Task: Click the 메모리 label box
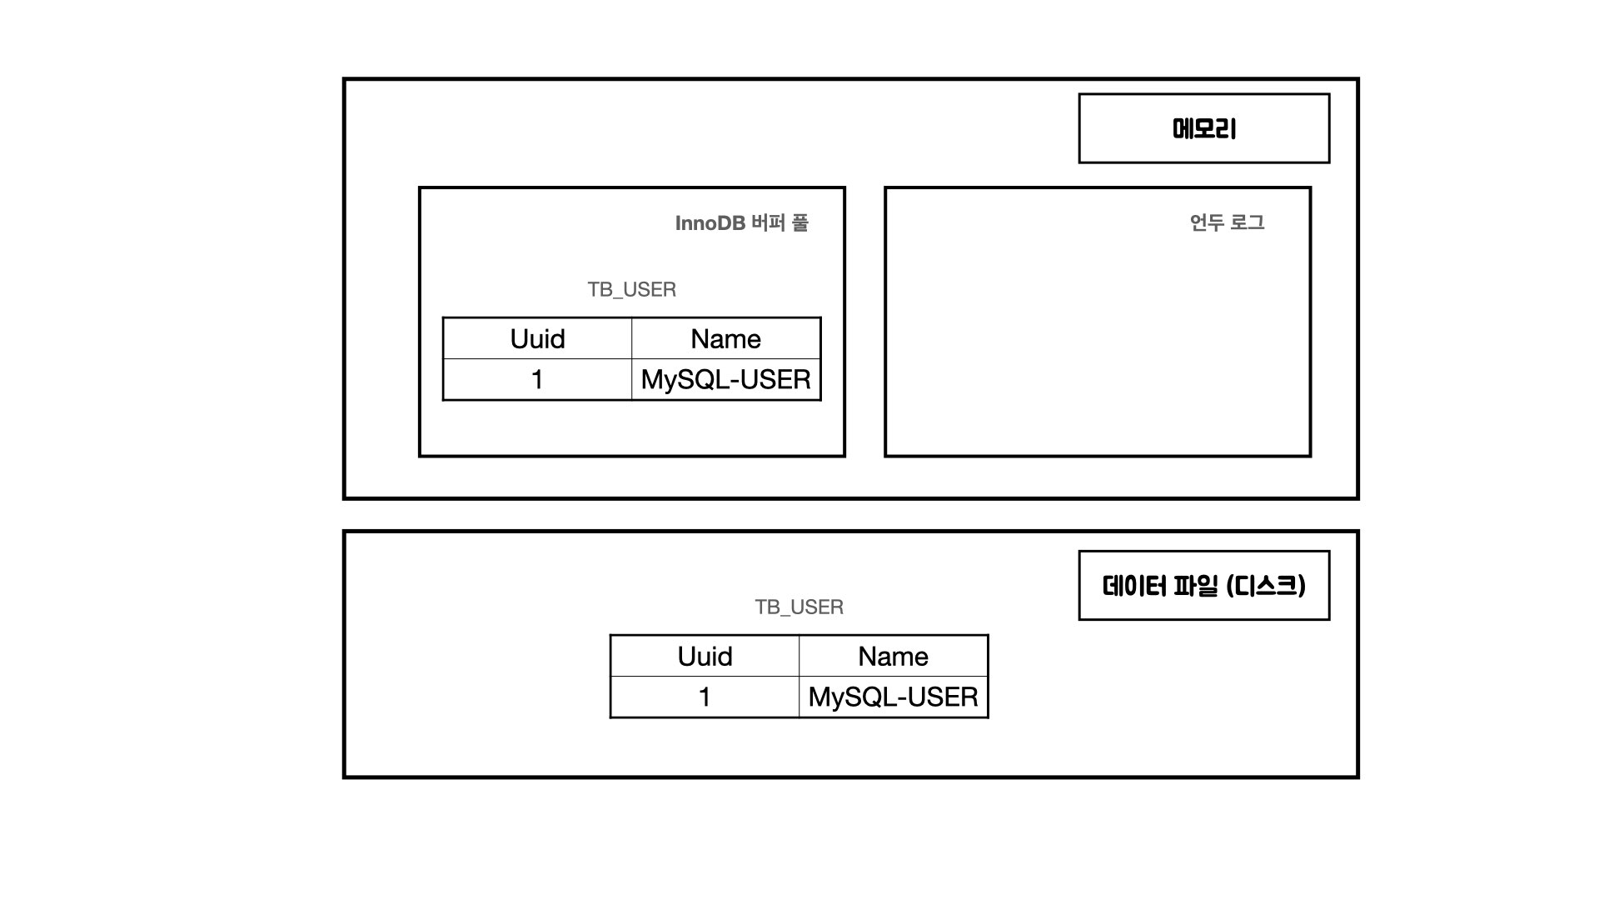[1203, 128]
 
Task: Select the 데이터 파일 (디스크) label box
[1203, 586]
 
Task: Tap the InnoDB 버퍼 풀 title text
[741, 223]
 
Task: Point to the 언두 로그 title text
[1227, 222]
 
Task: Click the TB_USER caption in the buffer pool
[631, 290]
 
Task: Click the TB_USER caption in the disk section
[799, 607]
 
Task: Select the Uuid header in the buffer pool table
[537, 339]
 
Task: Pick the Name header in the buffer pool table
[725, 339]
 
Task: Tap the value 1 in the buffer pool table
[537, 380]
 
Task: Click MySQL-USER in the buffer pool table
[725, 380]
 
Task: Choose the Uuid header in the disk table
[705, 657]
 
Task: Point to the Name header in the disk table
[893, 657]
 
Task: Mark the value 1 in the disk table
[705, 697]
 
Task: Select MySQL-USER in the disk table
[893, 697]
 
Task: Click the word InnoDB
[710, 223]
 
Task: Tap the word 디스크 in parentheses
[1266, 586]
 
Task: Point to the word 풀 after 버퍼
[799, 223]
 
